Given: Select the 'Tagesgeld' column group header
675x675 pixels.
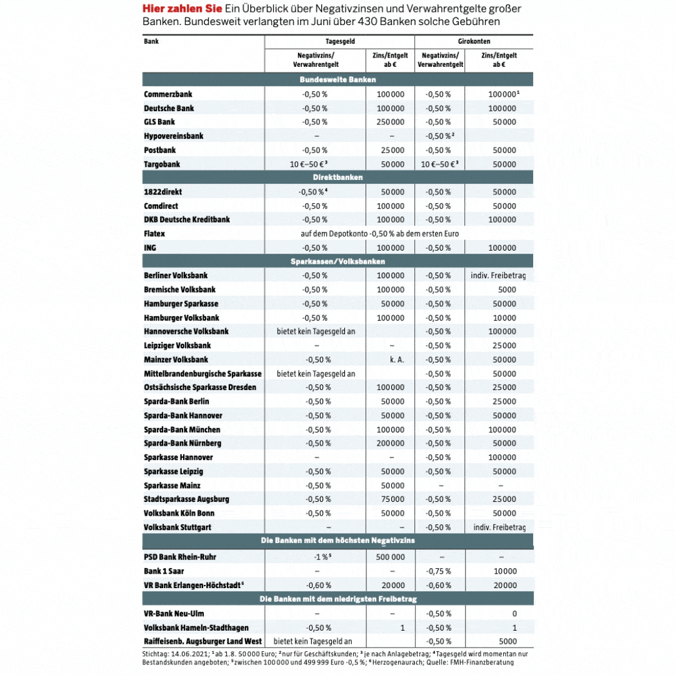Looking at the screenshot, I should coord(340,41).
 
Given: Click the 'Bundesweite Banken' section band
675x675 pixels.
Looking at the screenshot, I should coord(337,79).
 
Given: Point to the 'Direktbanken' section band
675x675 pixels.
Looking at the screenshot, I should coord(337,177).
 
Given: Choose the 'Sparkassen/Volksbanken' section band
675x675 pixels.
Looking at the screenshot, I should coord(337,261).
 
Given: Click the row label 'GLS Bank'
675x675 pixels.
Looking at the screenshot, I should coord(159,122).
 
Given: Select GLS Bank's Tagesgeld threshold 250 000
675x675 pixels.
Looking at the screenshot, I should coord(391,122).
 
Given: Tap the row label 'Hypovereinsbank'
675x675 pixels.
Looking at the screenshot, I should coord(173,136).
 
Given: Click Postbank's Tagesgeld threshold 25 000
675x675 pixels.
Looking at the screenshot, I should coord(392,150).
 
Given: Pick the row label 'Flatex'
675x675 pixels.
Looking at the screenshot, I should coord(154,234).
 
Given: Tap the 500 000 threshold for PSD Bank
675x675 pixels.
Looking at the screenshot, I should coord(390,557).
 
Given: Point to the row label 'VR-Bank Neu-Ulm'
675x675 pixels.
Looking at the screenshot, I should coord(174,614).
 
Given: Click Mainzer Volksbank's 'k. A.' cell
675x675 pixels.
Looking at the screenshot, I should coord(396,359).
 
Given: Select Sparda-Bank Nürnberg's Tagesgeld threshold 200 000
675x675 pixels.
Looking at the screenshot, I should coord(391,443).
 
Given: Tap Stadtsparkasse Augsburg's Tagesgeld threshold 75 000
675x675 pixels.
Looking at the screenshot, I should coord(392,499).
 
